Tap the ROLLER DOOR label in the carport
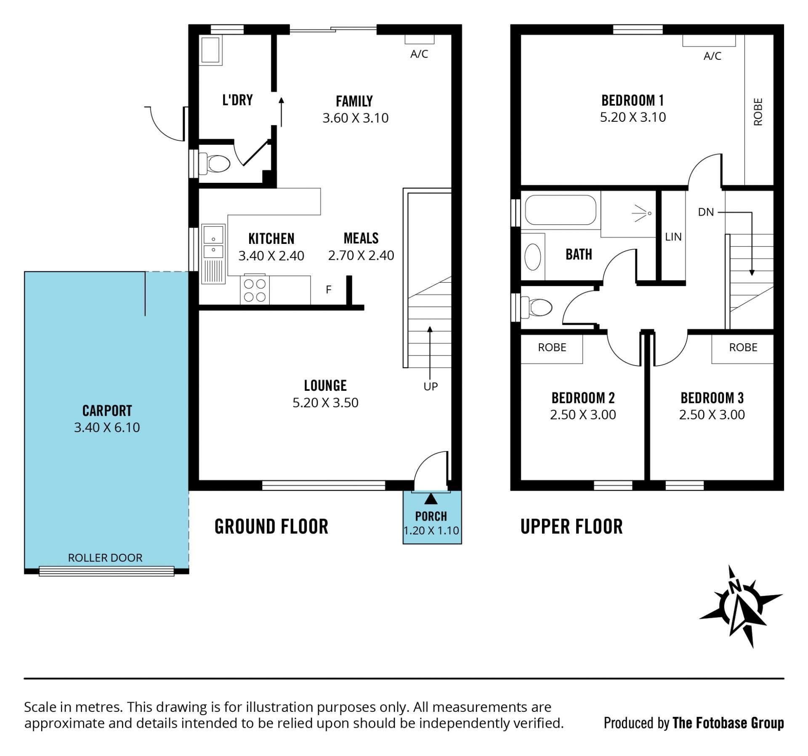(x=105, y=558)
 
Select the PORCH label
(x=431, y=516)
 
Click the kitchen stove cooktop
(x=255, y=290)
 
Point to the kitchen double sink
(x=214, y=253)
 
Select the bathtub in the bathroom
(x=561, y=210)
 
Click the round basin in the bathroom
(x=533, y=256)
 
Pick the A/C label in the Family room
(x=419, y=54)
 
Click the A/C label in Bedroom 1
(x=712, y=56)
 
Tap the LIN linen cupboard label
(x=673, y=237)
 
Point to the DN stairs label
(x=706, y=212)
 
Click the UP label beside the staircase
(x=431, y=387)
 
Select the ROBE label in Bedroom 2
(x=552, y=347)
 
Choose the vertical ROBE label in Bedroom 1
(x=758, y=112)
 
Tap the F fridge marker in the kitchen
(x=329, y=289)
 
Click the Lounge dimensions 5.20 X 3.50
(x=325, y=403)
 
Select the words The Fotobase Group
(x=728, y=723)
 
